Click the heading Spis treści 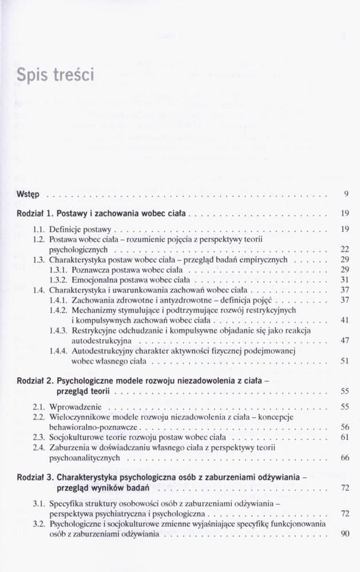point(56,75)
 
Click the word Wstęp point(28,194)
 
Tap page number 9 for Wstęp point(346,194)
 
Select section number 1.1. point(39,229)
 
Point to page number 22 point(345,249)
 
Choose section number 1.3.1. point(58,269)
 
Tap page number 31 point(345,280)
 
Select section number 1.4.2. point(58,310)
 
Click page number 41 point(345,320)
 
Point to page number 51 point(345,362)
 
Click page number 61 point(345,438)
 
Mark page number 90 point(345,534)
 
